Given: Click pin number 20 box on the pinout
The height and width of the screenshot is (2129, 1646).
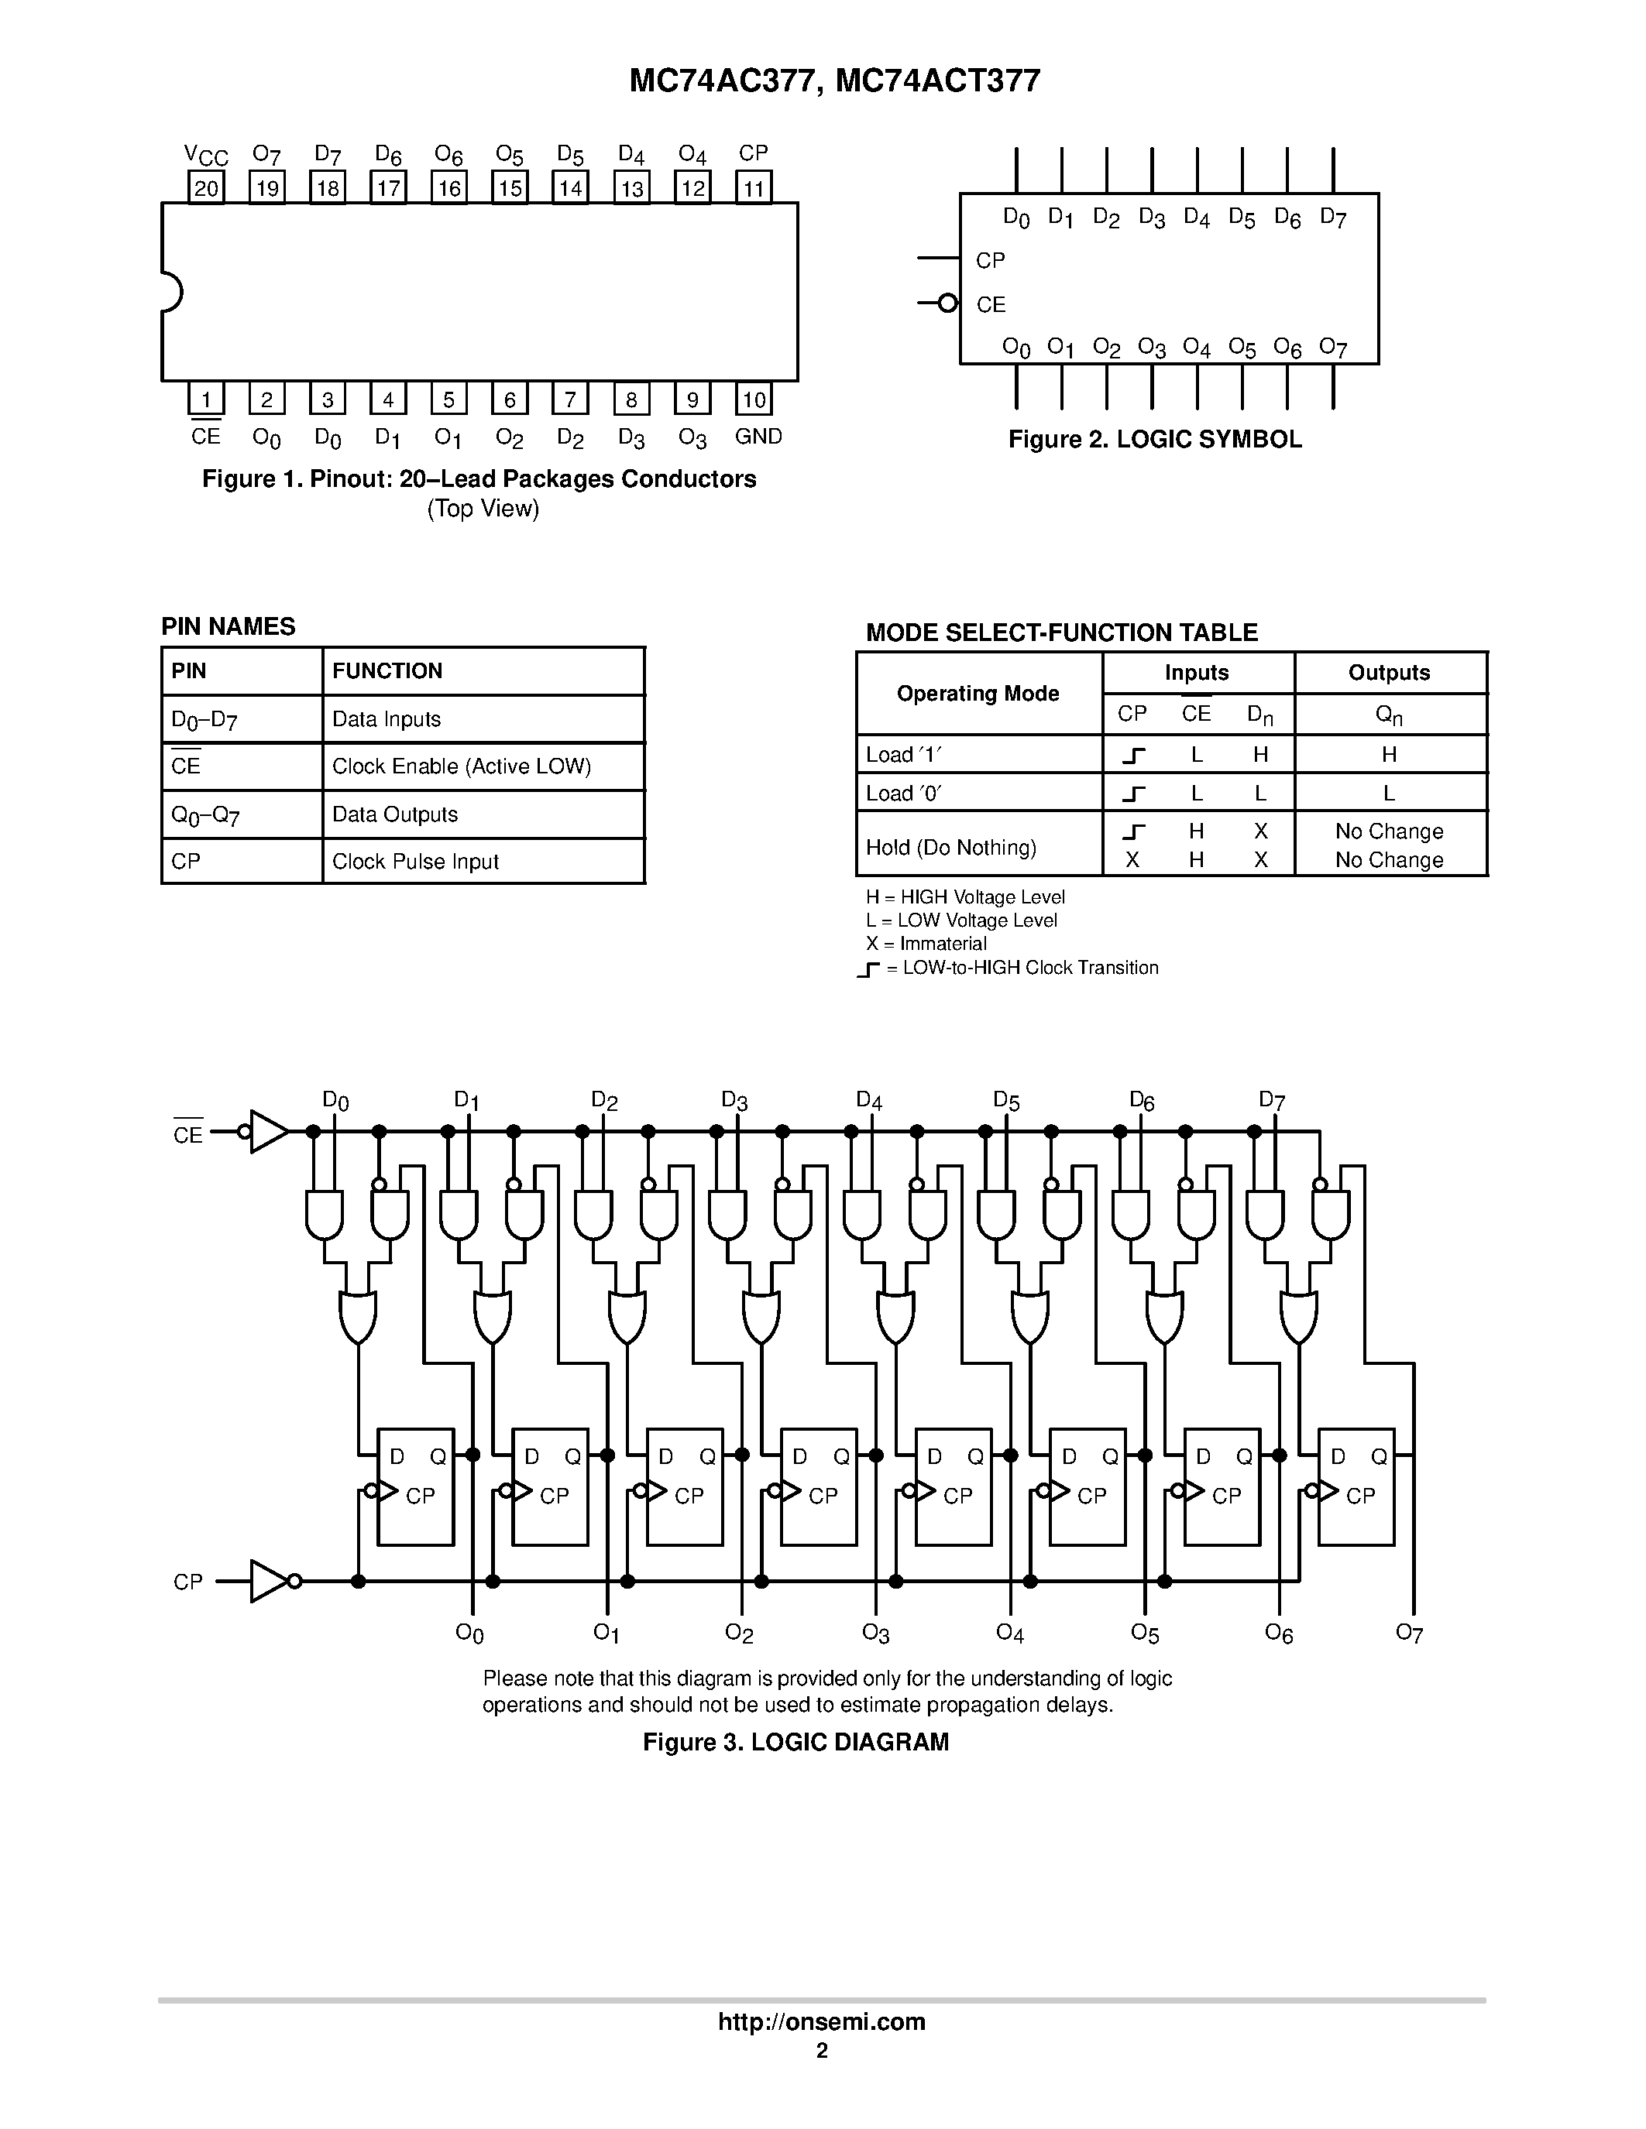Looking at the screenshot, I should pyautogui.click(x=206, y=187).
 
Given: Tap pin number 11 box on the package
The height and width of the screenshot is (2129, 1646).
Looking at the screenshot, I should pyautogui.click(x=754, y=187).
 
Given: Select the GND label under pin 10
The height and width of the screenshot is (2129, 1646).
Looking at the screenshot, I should pyautogui.click(x=758, y=437).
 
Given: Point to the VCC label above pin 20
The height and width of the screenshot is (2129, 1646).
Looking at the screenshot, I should pyautogui.click(x=206, y=155).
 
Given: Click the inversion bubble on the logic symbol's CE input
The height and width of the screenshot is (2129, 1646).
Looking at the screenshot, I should pyautogui.click(x=947, y=303).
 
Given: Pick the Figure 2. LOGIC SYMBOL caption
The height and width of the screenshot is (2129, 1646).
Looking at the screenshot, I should pyautogui.click(x=1155, y=440).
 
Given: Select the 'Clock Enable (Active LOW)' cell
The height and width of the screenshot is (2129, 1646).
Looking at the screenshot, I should pyautogui.click(x=461, y=766).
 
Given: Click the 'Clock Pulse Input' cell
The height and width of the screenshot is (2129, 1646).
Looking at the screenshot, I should pyautogui.click(x=415, y=862).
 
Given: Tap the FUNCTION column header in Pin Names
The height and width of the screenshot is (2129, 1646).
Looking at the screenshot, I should pyautogui.click(x=387, y=670).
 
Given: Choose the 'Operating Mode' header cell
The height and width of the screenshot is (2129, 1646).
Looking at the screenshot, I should pyautogui.click(x=978, y=693).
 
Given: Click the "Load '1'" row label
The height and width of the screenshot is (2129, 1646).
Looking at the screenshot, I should pyautogui.click(x=904, y=755).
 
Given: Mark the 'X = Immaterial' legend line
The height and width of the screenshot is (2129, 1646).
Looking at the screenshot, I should pyautogui.click(x=926, y=944).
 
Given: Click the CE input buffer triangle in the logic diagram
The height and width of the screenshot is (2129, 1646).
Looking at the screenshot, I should pyautogui.click(x=268, y=1132).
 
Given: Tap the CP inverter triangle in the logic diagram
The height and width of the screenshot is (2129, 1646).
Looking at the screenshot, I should pyautogui.click(x=268, y=1581).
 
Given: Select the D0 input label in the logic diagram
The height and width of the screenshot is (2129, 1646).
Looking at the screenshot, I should pyautogui.click(x=335, y=1102).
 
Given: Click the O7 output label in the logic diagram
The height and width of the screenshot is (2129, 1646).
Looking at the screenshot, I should pyautogui.click(x=1409, y=1633).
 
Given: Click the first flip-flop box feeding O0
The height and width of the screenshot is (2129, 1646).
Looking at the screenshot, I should pyautogui.click(x=415, y=1486).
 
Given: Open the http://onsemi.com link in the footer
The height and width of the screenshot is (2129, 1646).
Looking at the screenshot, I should pyautogui.click(x=821, y=2021).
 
